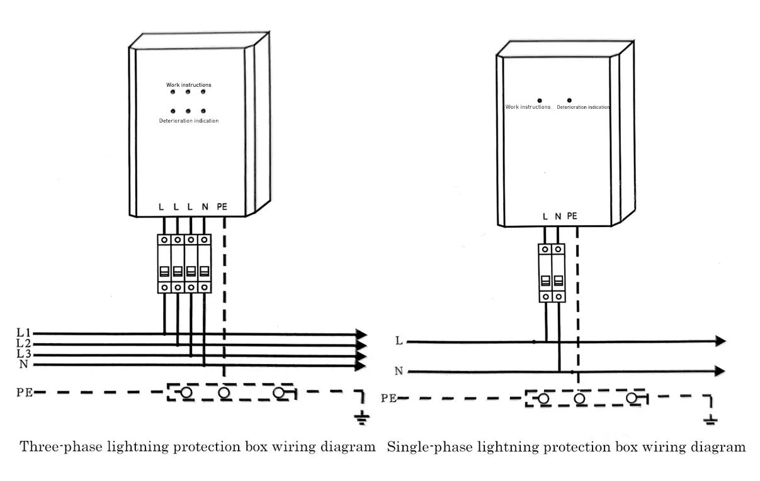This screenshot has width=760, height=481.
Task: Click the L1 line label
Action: point(24,332)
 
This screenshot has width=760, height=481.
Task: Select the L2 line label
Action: point(24,343)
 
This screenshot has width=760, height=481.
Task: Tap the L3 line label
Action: point(24,354)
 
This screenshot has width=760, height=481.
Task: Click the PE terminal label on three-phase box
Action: point(222,206)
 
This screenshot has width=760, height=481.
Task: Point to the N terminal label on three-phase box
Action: point(205,206)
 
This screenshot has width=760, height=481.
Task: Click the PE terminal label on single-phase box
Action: point(572,216)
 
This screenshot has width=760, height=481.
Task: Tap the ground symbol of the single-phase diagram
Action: point(710,420)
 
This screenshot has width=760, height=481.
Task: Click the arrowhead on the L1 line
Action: point(361,334)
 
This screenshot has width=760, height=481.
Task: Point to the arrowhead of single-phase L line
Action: point(720,341)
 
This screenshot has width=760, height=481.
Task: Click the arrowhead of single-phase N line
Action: point(720,371)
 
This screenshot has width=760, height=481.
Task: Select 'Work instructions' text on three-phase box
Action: point(188,85)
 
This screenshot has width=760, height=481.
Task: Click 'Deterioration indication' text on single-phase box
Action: point(583,108)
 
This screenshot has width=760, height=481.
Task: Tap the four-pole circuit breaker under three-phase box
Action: point(184,263)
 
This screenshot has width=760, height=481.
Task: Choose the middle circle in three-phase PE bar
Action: point(223,393)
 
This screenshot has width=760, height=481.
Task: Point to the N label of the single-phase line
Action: point(399,371)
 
